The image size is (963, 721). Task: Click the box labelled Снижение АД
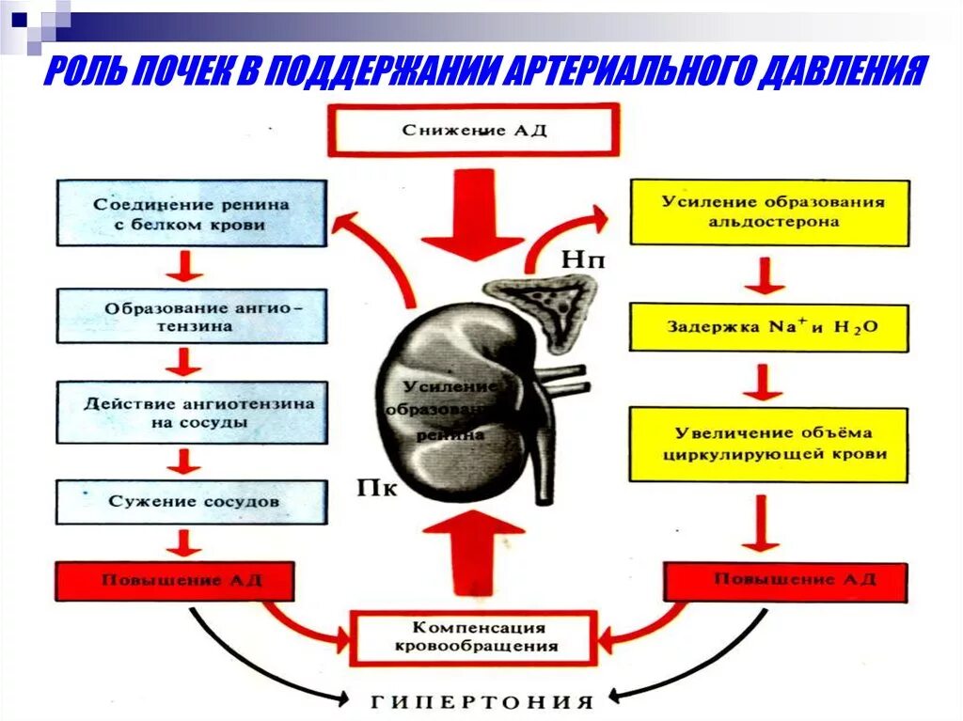(474, 130)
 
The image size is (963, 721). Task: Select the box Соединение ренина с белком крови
(192, 214)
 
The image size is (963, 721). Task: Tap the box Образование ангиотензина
(192, 317)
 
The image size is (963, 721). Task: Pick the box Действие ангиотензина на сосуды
(192, 413)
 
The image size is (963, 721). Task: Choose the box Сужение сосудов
(192, 502)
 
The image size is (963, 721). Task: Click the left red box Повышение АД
(174, 581)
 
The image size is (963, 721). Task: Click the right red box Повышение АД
(786, 581)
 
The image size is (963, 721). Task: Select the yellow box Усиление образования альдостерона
(770, 213)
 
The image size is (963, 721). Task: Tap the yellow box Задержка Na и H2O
(770, 328)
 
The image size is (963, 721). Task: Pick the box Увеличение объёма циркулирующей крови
(770, 445)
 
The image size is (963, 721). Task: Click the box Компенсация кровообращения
(473, 636)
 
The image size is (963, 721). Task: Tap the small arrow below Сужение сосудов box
(184, 542)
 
